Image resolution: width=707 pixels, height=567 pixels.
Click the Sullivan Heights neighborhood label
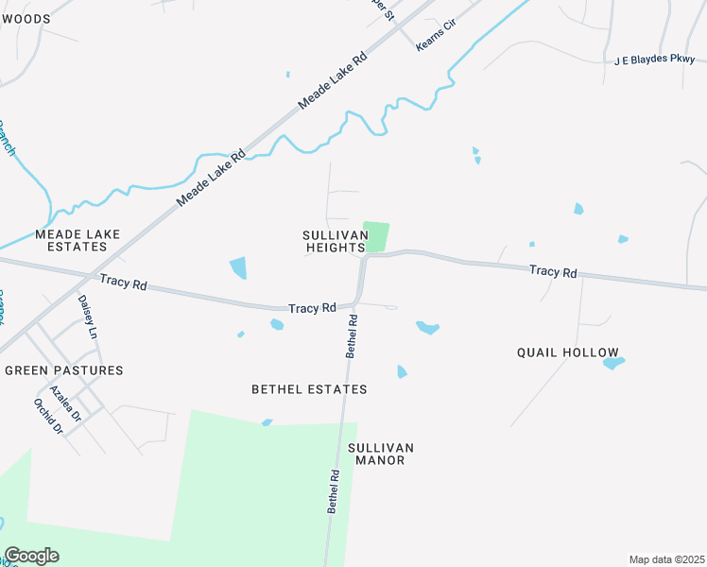[334, 241]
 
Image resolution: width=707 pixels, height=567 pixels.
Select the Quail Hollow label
[567, 352]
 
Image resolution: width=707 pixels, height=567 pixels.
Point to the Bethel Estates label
[309, 389]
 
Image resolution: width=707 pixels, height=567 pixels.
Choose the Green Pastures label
[64, 370]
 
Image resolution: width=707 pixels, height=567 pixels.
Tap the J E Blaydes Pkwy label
[654, 60]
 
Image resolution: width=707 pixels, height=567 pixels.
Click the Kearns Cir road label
[437, 44]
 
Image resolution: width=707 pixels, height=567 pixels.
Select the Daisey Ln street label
[87, 317]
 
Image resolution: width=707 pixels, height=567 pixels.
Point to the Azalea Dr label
[65, 404]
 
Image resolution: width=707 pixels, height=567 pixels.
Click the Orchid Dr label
[47, 416]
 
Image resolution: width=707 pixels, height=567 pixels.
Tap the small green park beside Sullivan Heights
[375, 236]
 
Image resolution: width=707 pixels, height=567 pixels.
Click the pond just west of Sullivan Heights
[238, 267]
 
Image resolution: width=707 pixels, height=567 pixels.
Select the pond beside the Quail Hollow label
[613, 362]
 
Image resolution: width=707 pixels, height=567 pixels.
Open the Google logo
[31, 556]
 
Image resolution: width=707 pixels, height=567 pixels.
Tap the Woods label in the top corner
[26, 18]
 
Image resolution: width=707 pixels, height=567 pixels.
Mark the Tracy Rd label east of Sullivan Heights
[553, 271]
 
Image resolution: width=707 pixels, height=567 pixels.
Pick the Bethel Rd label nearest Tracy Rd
[351, 335]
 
